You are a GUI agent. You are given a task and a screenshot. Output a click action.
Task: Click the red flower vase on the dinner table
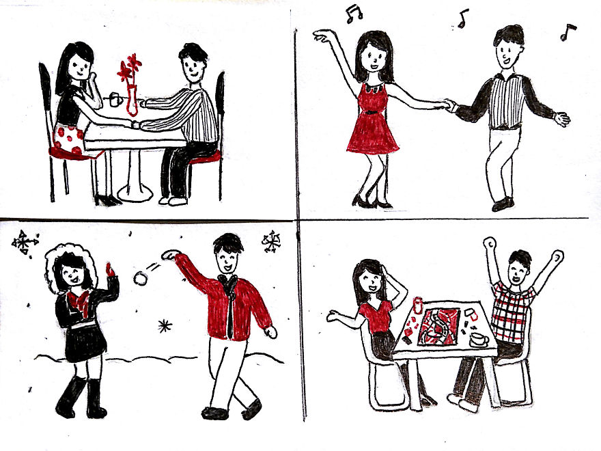tap(131, 99)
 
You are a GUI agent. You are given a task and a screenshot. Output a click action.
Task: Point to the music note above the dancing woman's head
tap(353, 13)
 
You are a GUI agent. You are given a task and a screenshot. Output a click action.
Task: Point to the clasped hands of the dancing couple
tap(449, 105)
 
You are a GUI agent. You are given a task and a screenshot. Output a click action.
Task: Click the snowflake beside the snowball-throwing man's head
tap(272, 241)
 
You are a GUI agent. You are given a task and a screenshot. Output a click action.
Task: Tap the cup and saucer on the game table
tap(479, 340)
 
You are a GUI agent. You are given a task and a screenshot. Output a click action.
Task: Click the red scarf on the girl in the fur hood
tap(77, 301)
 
